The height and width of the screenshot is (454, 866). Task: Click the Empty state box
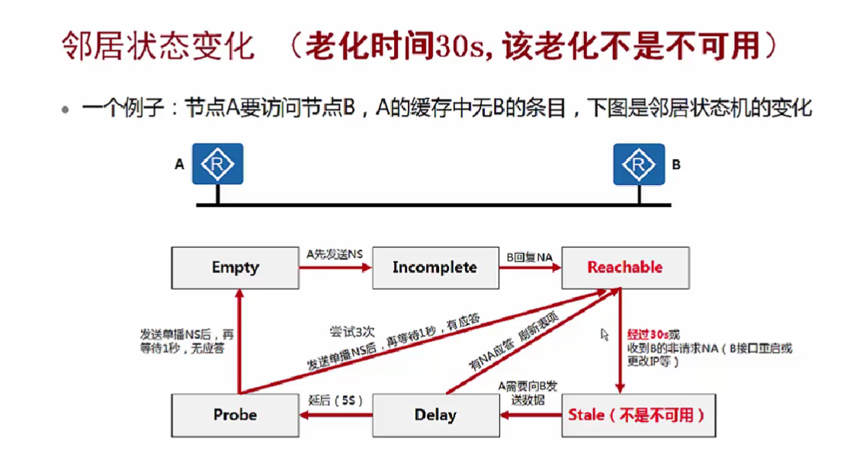coord(235,267)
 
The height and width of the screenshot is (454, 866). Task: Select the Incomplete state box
coord(435,267)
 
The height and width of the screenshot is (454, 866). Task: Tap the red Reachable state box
coord(624,267)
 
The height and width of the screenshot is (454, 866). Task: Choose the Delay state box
coord(435,415)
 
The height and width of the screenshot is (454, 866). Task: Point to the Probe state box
coord(235,415)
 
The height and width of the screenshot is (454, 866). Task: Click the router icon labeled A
coord(217,164)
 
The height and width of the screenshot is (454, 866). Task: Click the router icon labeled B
coord(639,164)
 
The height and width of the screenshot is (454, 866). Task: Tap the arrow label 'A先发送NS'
coord(335,254)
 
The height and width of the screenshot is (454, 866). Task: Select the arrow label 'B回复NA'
coord(529,254)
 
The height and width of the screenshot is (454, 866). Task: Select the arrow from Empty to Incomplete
coord(335,267)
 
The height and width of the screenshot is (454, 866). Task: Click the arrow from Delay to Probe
coord(335,416)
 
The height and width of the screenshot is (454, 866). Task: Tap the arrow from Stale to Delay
coord(531,416)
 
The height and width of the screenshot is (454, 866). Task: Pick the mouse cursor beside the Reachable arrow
coord(605,334)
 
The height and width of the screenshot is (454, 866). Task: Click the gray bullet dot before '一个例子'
coord(66,110)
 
